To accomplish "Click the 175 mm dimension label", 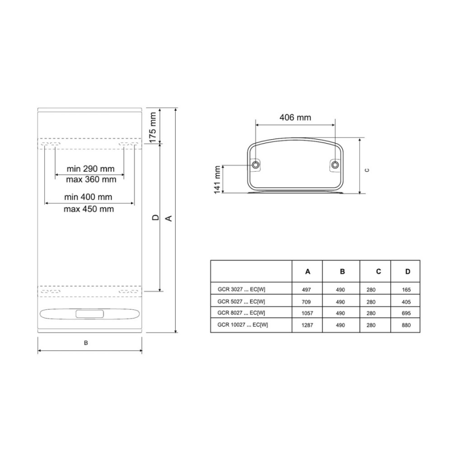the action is point(153,127).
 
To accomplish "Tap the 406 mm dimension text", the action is point(295,117).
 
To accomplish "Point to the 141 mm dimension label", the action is point(217,180).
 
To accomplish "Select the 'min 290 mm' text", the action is point(90,169).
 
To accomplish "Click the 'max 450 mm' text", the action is point(88,209).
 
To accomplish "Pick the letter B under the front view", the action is point(86,343).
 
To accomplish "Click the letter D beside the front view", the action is point(156,217).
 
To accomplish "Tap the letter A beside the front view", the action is point(169,218).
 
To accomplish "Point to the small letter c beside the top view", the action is point(367,170).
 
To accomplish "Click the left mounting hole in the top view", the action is point(255,165).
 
